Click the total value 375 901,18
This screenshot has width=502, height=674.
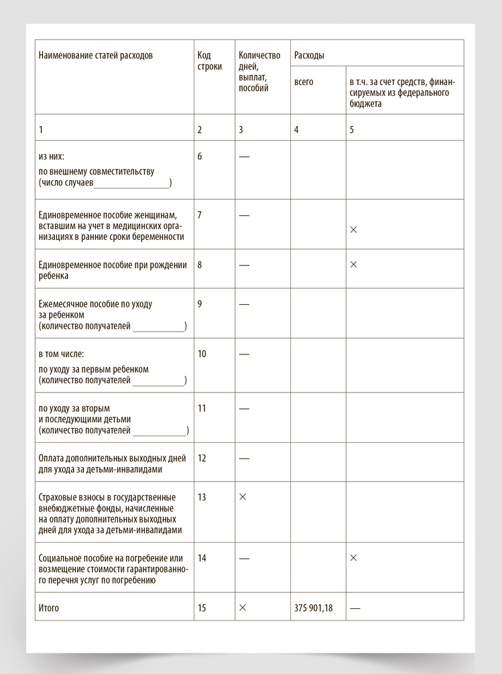pos(312,608)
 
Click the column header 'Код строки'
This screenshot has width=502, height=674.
pos(210,61)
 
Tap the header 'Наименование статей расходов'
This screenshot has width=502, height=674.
pos(95,56)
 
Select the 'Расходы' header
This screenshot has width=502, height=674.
pos(309,56)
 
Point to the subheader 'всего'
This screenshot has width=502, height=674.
pos(304,82)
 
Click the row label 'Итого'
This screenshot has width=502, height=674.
pos(49,608)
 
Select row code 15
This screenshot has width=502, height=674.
pos(202,608)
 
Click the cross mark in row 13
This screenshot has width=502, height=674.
pos(243,497)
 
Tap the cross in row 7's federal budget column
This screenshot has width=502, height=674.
pos(354,230)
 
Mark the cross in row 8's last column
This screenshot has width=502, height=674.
pos(354,265)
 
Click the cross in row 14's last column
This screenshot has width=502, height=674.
pos(354,558)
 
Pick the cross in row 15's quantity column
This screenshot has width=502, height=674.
pos(243,608)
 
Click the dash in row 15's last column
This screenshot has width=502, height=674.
pos(355,608)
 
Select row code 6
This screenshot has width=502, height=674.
pos(200,157)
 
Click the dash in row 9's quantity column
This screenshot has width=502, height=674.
pos(244,304)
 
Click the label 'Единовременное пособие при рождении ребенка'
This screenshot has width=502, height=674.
pos(113,270)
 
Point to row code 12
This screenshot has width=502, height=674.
pos(202,459)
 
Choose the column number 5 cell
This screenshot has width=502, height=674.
pos(352,130)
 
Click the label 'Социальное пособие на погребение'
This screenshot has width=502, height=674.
pos(111,558)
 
